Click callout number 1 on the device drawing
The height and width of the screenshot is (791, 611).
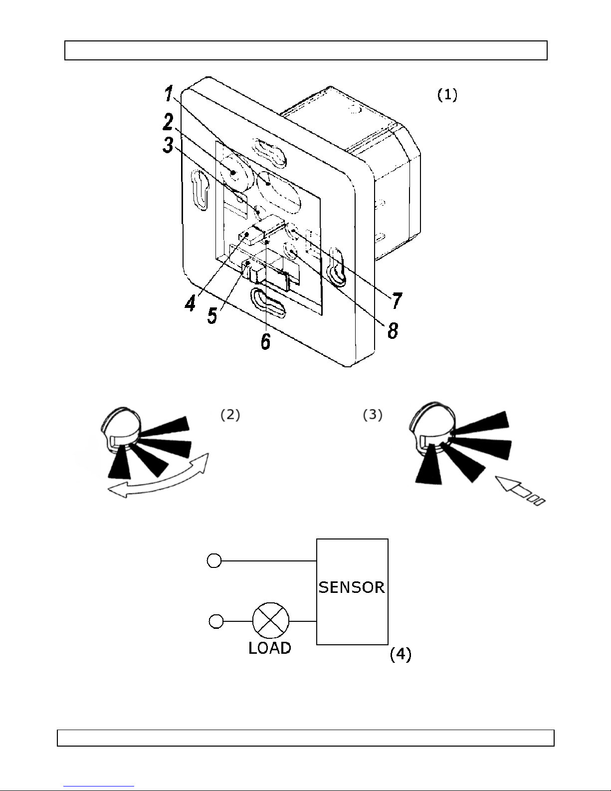click(x=169, y=93)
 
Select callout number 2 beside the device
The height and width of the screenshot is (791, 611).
click(x=168, y=122)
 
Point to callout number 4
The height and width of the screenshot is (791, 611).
click(x=190, y=303)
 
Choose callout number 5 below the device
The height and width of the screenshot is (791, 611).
click(x=212, y=315)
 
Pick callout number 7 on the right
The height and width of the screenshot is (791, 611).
click(x=397, y=300)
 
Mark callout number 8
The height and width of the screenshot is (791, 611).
click(x=393, y=331)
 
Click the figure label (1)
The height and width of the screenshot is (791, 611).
click(x=447, y=95)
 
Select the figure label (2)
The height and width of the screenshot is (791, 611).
click(x=230, y=415)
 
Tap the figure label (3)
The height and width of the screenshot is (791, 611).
click(x=373, y=415)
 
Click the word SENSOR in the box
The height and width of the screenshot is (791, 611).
click(x=352, y=587)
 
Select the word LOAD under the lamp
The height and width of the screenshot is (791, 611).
click(x=270, y=648)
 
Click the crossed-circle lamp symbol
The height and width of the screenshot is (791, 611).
click(x=271, y=621)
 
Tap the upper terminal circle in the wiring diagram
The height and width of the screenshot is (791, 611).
click(x=214, y=560)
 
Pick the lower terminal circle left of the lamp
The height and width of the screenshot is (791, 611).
click(x=216, y=621)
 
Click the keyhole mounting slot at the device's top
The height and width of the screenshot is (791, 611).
click(x=270, y=152)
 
